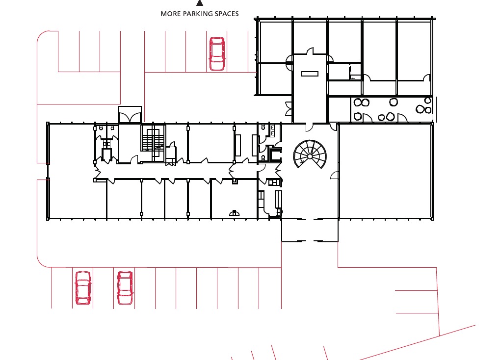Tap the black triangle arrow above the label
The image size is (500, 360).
coord(200,3)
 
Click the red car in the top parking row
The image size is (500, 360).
coord(216,54)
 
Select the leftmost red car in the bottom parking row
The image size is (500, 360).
coord(82,287)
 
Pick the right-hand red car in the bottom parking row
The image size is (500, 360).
coord(125,287)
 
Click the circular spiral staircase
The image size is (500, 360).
coord(310,154)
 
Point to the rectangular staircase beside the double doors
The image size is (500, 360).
coord(153,140)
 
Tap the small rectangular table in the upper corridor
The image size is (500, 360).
coord(310,74)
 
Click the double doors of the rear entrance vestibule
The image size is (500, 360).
coord(130,118)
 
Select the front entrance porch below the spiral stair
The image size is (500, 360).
coord(310,230)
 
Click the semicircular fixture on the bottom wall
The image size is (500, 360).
coord(235,213)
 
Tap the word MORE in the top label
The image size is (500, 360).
coord(169,14)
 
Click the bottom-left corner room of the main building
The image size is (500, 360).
coord(77,199)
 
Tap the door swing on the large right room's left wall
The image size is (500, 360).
coord(335,175)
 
